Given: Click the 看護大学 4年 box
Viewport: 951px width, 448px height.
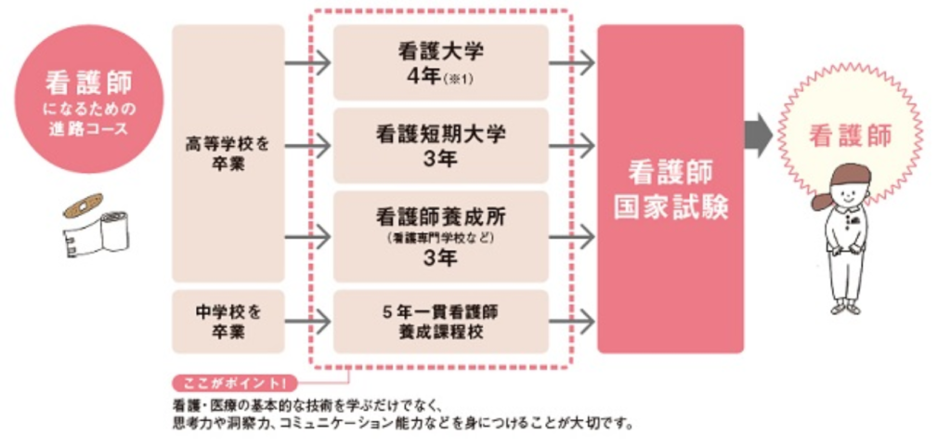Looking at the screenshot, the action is coord(441,62).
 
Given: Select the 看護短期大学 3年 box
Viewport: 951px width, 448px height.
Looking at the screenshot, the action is coord(441,146).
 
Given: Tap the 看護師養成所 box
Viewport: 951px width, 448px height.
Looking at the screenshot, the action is coord(441,237).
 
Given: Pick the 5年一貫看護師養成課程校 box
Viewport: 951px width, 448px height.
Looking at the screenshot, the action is coord(441,322).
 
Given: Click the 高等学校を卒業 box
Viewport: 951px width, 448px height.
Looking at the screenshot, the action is coord(228,153).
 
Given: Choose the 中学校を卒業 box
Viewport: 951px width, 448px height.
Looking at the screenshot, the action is coord(228,322).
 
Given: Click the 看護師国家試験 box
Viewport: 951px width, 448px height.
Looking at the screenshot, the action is coord(671,189).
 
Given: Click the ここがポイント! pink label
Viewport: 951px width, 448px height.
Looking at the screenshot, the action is coord(235,384).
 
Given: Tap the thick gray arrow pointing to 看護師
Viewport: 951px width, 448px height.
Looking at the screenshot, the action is coord(760,135).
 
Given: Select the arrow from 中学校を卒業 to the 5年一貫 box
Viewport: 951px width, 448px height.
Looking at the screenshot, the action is coord(307,322).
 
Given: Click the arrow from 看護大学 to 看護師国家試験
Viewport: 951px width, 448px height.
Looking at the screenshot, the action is coord(572,62).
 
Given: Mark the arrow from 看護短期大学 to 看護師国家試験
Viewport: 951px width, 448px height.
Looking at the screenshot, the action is coord(572,146).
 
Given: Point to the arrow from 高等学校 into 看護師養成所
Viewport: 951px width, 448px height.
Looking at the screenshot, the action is coord(307,237).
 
